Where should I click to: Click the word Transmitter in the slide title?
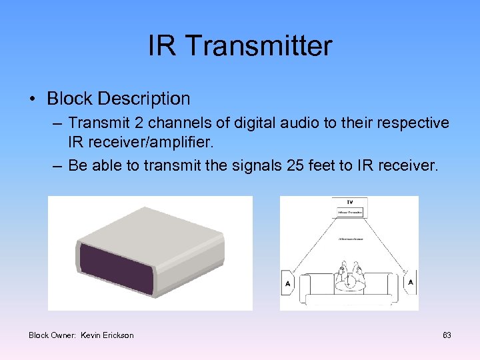[258, 46]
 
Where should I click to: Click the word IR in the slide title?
[162, 46]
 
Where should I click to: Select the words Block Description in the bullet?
[118, 99]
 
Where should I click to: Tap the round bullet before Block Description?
[33, 99]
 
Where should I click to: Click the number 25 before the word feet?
[290, 165]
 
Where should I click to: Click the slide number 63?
[447, 335]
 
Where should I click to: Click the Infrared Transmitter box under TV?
[349, 213]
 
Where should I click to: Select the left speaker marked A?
[287, 283]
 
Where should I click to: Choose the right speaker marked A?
[410, 283]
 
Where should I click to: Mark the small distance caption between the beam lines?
[349, 238]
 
